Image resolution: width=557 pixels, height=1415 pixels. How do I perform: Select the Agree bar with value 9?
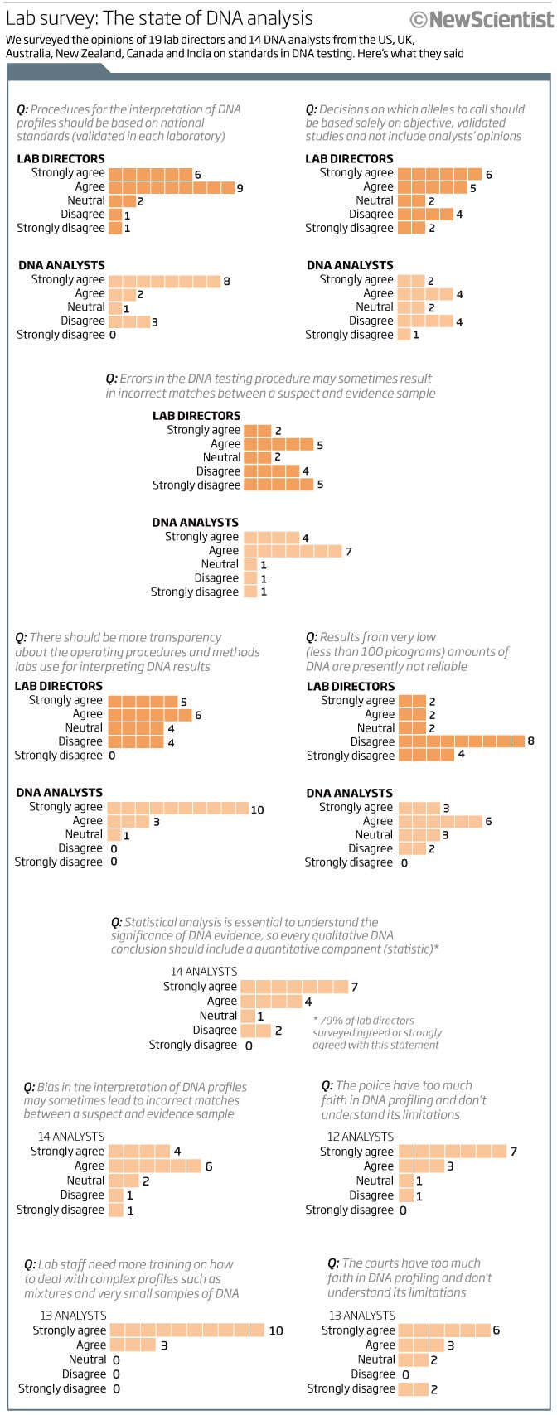point(171,188)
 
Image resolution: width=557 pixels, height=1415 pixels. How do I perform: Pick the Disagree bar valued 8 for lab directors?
point(461,741)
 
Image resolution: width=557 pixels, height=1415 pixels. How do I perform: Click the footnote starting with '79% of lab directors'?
point(377,1033)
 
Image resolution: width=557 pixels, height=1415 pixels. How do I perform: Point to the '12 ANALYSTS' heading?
point(360,1137)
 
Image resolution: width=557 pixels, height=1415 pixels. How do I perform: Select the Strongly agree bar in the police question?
point(452,1152)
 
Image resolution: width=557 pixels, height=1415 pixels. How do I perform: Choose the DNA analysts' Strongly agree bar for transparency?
point(177,808)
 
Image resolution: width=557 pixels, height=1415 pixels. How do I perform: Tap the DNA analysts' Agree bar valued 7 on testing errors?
point(292,551)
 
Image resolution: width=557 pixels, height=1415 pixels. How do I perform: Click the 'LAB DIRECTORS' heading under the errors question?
point(196,416)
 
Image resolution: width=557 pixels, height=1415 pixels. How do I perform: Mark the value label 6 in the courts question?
point(496,1330)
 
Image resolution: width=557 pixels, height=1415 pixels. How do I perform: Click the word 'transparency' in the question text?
point(186,638)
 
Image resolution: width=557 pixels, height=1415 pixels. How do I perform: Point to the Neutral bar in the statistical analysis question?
point(247,1016)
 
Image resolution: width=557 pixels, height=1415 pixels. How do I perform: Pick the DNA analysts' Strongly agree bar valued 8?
point(164,281)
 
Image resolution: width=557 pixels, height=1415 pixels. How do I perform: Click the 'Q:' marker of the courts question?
point(333,1263)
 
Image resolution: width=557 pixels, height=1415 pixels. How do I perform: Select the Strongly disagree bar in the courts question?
point(413,1389)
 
